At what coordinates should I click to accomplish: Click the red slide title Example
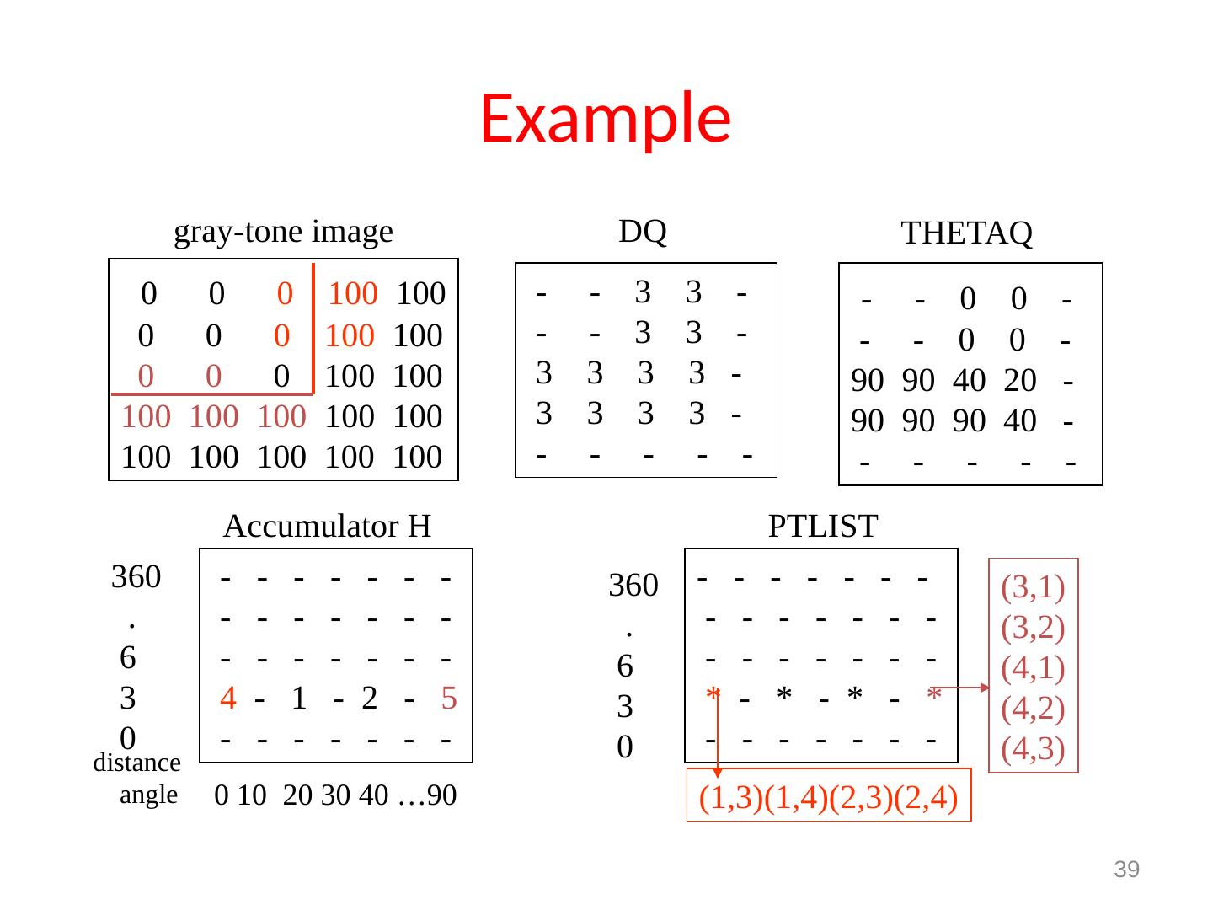pos(605,117)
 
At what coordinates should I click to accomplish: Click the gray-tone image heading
pos(283,231)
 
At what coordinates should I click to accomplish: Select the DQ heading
pos(643,230)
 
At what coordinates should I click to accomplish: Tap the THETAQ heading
pos(966,233)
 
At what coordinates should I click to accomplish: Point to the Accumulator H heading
pos(328,527)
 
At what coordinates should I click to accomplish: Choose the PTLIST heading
pos(823,527)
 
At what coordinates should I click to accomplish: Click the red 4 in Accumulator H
pos(227,699)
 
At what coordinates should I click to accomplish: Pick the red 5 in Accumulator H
pos(449,699)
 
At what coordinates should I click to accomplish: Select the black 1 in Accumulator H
pos(297,699)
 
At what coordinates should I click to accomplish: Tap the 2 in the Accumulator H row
pos(369,699)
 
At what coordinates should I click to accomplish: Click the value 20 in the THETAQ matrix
pos(1019,382)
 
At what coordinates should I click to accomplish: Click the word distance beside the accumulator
pos(136,763)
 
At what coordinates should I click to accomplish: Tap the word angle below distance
pos(149,795)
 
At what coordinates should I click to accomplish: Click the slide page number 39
pos(1127,870)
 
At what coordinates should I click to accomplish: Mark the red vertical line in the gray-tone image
pos(313,329)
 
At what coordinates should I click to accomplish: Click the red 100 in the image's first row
pos(353,294)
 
